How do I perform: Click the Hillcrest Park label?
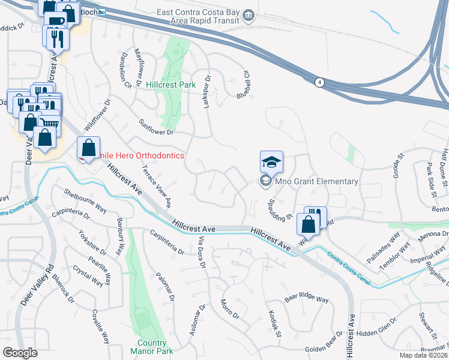point(170,85)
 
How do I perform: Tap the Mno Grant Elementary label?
point(315,181)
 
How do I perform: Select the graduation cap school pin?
point(271,162)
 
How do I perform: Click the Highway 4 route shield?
point(321,83)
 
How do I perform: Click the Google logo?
point(20,352)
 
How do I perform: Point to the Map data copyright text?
point(424,355)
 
